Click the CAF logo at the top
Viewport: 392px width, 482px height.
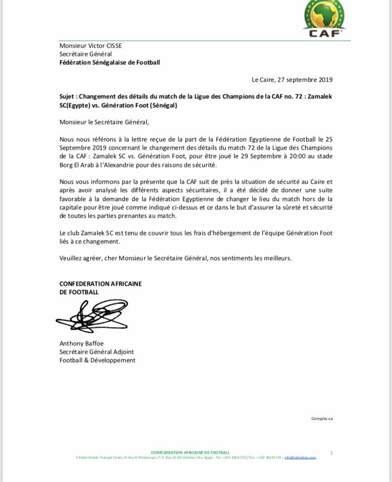pos(324,19)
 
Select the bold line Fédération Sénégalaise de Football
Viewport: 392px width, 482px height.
pos(109,62)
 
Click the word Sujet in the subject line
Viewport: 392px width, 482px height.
pos(68,97)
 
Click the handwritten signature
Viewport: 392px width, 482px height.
pos(91,316)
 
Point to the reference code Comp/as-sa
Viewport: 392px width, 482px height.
pos(322,418)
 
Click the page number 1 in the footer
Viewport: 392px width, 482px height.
pos(331,452)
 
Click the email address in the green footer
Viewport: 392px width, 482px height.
pos(301,457)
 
